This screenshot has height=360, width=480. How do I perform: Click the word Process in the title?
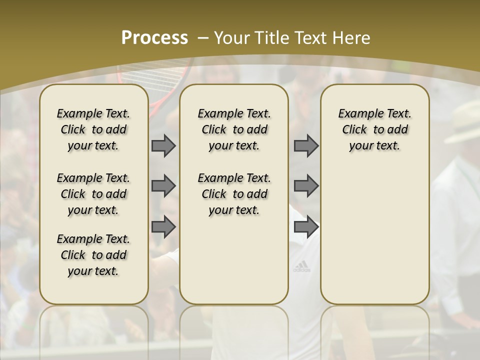(154, 38)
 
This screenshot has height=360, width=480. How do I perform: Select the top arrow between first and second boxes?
(163, 146)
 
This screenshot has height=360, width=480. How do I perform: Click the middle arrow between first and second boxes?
(163, 186)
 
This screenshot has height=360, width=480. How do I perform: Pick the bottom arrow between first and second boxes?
(163, 227)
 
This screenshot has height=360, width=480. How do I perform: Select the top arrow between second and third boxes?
(306, 146)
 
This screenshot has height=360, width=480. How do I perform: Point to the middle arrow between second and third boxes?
(306, 186)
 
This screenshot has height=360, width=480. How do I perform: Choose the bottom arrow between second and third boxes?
(306, 227)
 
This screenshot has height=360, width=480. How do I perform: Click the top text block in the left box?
(93, 129)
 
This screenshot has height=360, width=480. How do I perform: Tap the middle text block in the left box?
(93, 194)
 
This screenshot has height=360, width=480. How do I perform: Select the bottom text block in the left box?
(93, 255)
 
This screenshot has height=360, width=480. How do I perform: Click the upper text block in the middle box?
(234, 129)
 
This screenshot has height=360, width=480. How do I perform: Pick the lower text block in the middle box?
(234, 194)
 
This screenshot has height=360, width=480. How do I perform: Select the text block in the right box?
(375, 129)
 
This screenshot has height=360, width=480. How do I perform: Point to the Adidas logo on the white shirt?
(301, 267)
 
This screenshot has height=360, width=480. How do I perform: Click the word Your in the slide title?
(232, 38)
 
